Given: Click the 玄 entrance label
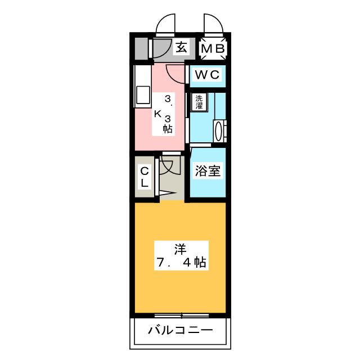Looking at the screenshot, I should [181, 48].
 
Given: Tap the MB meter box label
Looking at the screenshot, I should [213, 49].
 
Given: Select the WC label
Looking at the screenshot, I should [208, 74].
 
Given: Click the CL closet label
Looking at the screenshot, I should [144, 177].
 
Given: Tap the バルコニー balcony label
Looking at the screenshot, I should [181, 330].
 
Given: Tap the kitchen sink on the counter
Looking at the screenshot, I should [141, 95].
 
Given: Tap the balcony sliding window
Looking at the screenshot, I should [181, 315].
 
